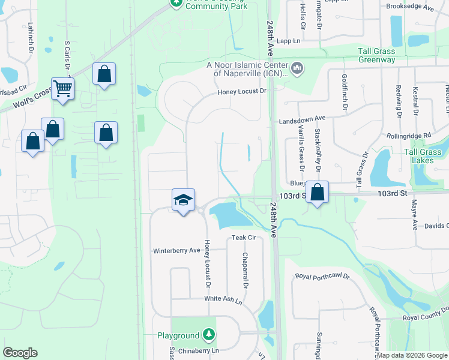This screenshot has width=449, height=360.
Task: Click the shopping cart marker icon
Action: pos(62,89)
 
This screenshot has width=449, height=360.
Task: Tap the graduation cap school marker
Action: pos(183,200)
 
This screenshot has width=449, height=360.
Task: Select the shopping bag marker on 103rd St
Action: pos(318,193)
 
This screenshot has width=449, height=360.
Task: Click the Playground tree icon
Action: pos(208,334)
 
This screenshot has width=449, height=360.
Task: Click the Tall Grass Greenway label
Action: pos(377,55)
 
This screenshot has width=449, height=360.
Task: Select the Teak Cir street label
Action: pos(244,238)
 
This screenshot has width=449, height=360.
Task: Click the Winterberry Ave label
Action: pos(176,250)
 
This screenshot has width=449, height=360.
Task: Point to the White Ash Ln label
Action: pos(226,299)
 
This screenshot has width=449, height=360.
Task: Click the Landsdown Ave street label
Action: pos(302,120)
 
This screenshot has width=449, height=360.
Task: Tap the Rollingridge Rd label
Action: pos(409,136)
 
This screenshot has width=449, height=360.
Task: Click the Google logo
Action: pos(20,353)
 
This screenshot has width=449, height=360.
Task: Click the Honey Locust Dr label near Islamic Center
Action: pos(241,91)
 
